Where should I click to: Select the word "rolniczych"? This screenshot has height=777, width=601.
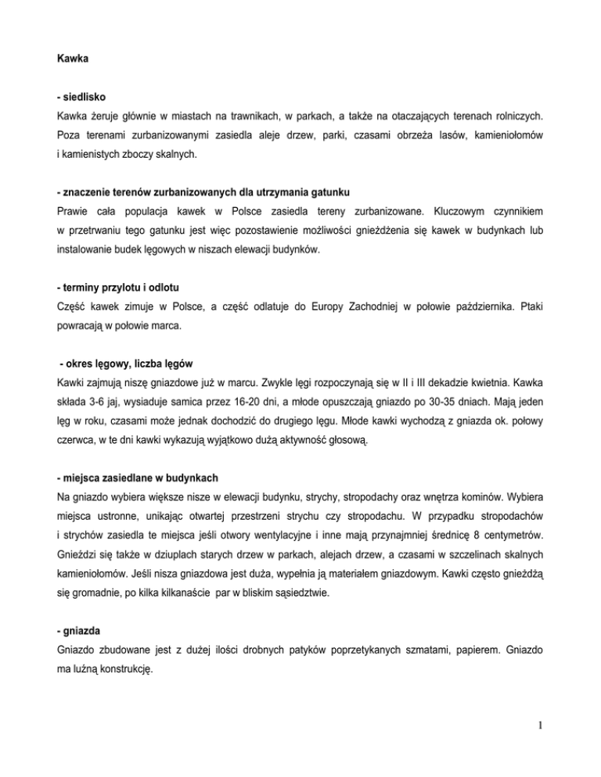[511, 117]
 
